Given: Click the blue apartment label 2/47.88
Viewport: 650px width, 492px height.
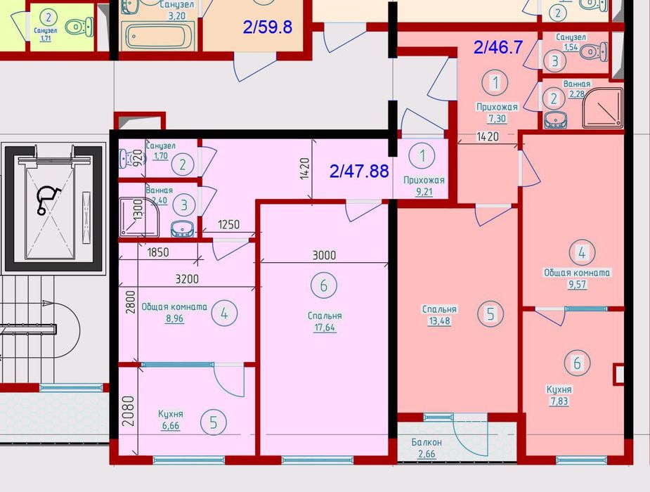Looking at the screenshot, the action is pyautogui.click(x=359, y=171).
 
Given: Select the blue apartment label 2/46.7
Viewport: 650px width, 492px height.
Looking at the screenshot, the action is pyautogui.click(x=498, y=47).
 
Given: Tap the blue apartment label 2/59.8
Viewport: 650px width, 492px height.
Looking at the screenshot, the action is pyautogui.click(x=268, y=27).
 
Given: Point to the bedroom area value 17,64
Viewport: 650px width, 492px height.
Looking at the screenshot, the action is pyautogui.click(x=325, y=328).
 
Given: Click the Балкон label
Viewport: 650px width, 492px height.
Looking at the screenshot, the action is pyautogui.click(x=427, y=442).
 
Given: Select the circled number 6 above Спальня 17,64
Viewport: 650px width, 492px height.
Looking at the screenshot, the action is pyautogui.click(x=324, y=285).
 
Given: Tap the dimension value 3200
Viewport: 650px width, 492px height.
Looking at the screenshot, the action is pyautogui.click(x=187, y=279).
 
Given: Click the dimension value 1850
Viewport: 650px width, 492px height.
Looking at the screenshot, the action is pyautogui.click(x=157, y=252).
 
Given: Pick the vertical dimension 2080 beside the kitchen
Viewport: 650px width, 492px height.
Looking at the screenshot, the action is pyautogui.click(x=129, y=411).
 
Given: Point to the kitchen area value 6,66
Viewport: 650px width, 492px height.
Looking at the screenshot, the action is pyautogui.click(x=171, y=425).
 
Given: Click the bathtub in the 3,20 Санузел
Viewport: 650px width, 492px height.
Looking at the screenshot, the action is pyautogui.click(x=158, y=36).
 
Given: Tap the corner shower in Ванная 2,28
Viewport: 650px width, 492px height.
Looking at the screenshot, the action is pyautogui.click(x=603, y=108).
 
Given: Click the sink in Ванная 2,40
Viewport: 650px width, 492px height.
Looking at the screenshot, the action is pyautogui.click(x=183, y=229).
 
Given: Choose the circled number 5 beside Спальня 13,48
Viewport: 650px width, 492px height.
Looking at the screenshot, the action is pyautogui.click(x=490, y=313).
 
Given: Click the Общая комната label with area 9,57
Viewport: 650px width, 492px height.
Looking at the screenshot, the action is pyautogui.click(x=577, y=273).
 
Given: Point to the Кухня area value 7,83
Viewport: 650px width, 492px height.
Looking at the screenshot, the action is pyautogui.click(x=559, y=401).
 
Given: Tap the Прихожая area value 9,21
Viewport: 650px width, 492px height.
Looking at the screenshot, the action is pyautogui.click(x=424, y=192).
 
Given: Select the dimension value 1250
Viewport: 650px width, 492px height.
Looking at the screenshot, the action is pyautogui.click(x=229, y=224).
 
